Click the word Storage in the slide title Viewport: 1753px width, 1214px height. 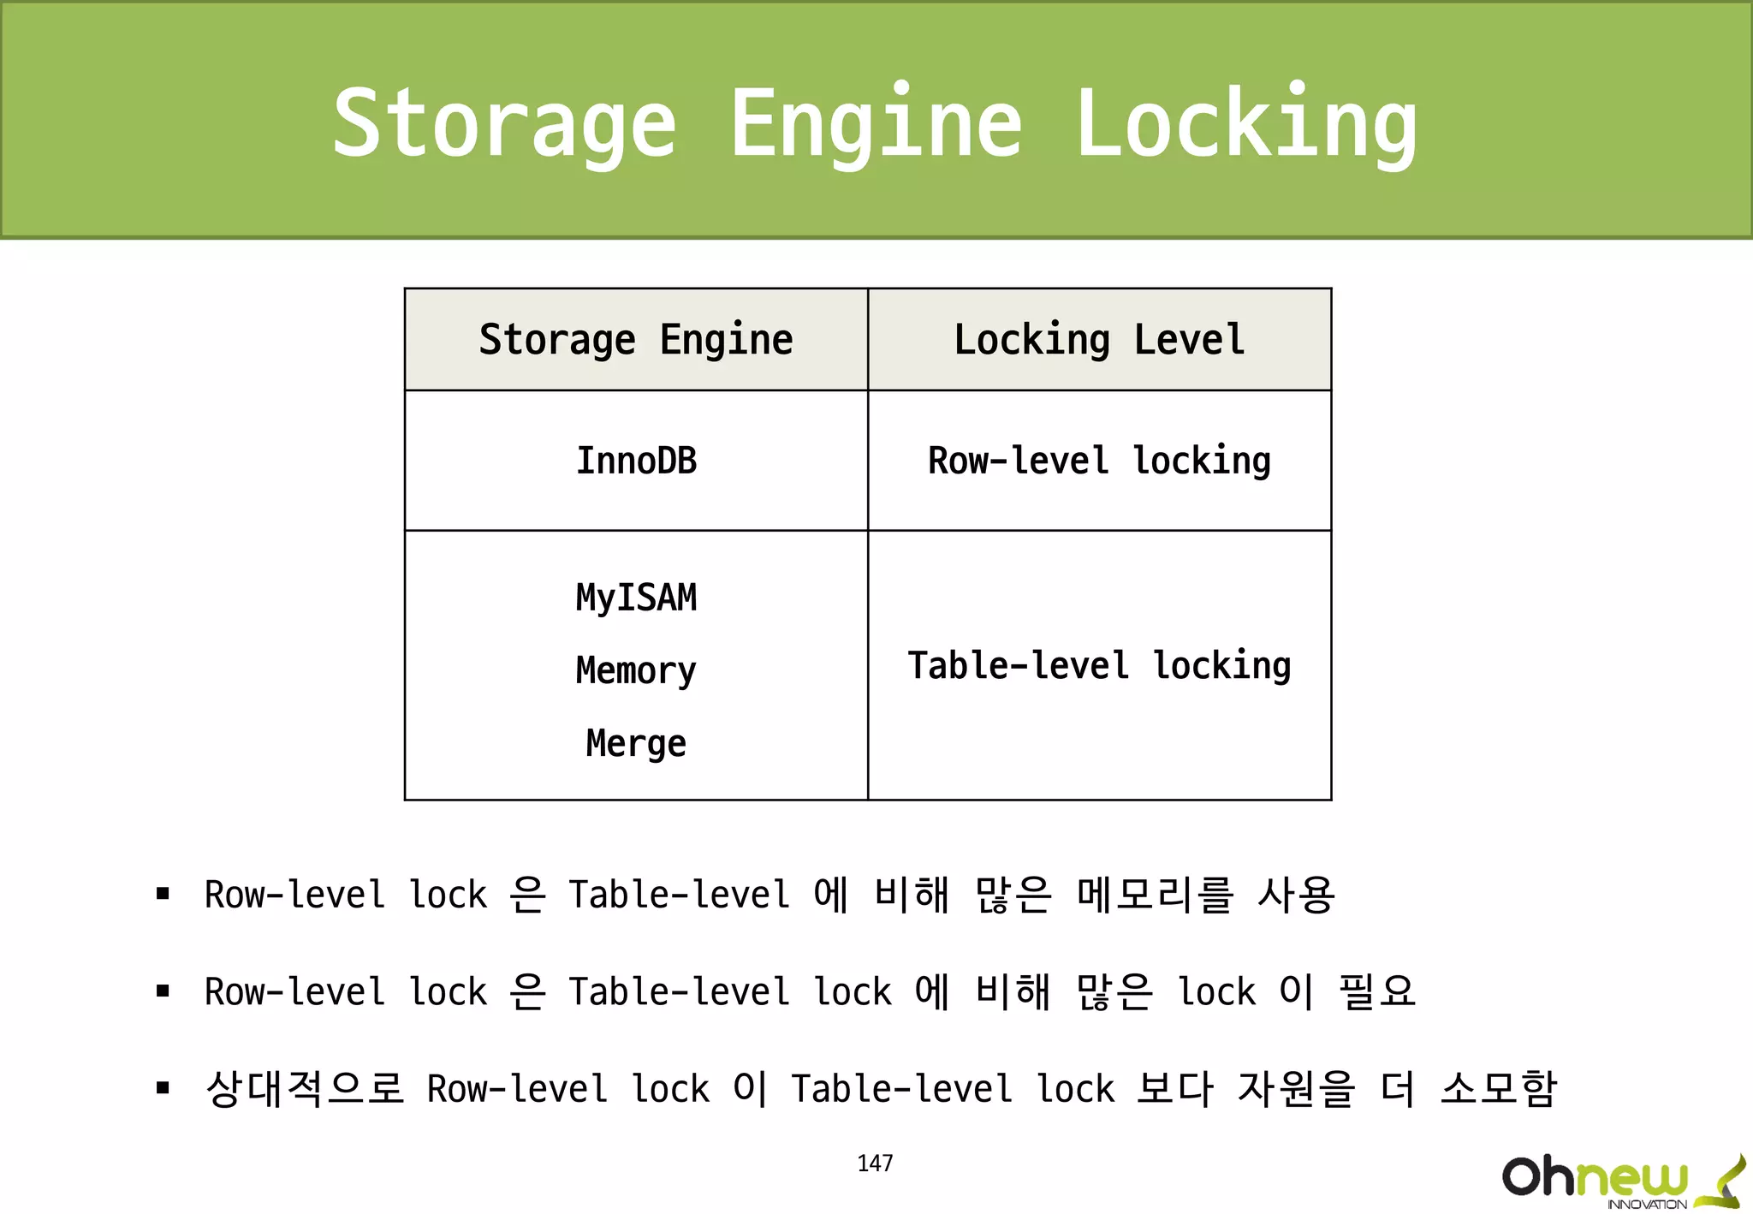[x=504, y=124]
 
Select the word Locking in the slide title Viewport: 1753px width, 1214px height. [x=1246, y=124]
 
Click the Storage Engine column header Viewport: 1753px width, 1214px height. [x=636, y=340]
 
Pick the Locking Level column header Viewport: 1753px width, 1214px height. [x=1099, y=340]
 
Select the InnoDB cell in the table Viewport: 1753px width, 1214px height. [x=636, y=461]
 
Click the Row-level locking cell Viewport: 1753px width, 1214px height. [x=1099, y=461]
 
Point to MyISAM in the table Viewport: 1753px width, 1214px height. [x=636, y=598]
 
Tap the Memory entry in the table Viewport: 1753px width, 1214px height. [x=636, y=670]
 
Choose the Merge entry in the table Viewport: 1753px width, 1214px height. [x=636, y=743]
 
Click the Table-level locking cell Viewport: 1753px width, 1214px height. [x=1099, y=666]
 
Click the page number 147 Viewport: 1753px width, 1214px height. [x=875, y=1163]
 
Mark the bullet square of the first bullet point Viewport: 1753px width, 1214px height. [x=163, y=895]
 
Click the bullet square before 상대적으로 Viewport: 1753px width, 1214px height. [x=163, y=1088]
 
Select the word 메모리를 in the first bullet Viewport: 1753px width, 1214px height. [x=1155, y=895]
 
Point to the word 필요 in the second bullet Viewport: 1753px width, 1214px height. [x=1377, y=991]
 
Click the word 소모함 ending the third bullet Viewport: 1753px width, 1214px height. [x=1498, y=1088]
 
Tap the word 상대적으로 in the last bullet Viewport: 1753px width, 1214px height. [x=304, y=1088]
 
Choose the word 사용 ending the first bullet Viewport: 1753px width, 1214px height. [x=1296, y=895]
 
